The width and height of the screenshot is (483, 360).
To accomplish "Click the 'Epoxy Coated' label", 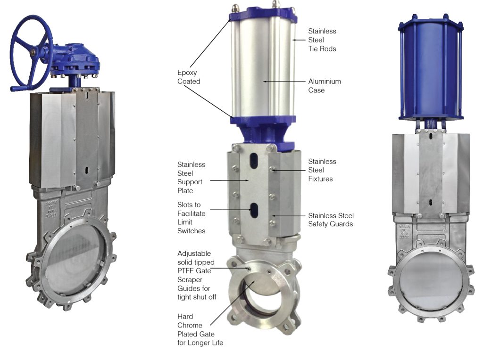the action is [x=189, y=77].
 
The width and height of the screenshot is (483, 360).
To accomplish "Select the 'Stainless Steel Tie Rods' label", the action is [x=322, y=40].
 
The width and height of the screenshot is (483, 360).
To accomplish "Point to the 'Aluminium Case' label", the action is [x=325, y=86].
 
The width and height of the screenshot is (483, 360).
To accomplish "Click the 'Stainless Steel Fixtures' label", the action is [x=322, y=170].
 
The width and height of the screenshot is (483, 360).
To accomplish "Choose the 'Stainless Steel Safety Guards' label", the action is [x=331, y=220].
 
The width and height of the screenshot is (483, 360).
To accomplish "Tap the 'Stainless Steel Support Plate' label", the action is [x=191, y=178].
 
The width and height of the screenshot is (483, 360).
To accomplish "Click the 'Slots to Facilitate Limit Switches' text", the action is [x=191, y=218].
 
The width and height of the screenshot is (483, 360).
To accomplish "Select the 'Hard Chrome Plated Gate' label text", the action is [x=200, y=329].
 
